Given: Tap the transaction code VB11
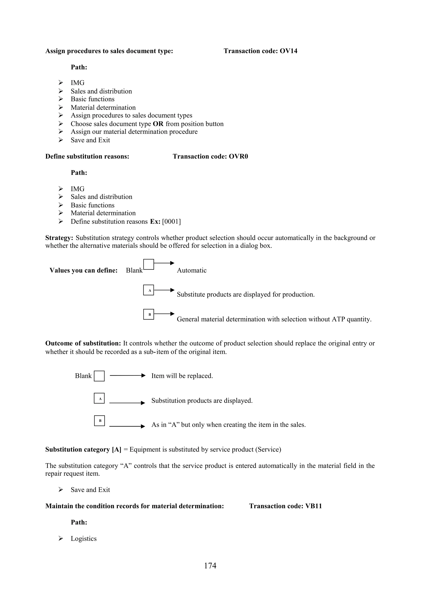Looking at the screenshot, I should click(313, 506).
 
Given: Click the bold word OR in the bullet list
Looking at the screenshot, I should click(158, 124).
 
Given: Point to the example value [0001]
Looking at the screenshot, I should click(171, 221).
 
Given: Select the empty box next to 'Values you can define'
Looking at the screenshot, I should click(148, 264).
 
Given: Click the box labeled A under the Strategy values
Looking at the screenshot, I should click(148, 290).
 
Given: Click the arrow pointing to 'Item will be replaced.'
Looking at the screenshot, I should click(127, 375).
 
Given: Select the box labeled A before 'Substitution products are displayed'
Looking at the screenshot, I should click(99, 398).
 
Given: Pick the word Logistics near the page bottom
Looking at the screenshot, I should click(83, 539).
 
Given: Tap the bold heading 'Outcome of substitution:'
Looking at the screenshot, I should click(83, 343).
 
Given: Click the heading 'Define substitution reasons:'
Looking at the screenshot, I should click(87, 156).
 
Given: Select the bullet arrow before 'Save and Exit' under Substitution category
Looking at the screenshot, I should click(61, 489).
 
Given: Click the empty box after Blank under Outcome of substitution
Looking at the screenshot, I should click(99, 376).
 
